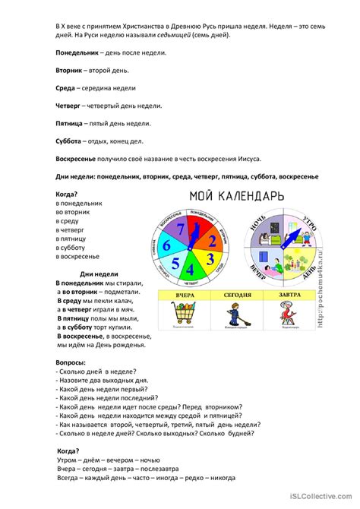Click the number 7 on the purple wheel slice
179,230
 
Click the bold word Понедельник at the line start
77,53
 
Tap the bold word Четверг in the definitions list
69,106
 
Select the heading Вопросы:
71,364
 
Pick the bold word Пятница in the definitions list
71,123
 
